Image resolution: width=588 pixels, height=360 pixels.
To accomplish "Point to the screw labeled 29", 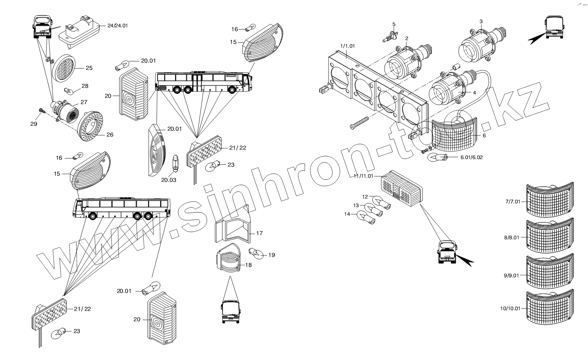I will (42, 111).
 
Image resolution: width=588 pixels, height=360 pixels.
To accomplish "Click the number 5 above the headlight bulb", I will (393, 24).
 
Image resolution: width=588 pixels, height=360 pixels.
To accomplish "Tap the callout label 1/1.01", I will (347, 46).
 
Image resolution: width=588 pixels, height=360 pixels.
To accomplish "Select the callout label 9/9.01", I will (512, 276).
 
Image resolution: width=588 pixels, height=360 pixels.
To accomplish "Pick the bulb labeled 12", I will (381, 203).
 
